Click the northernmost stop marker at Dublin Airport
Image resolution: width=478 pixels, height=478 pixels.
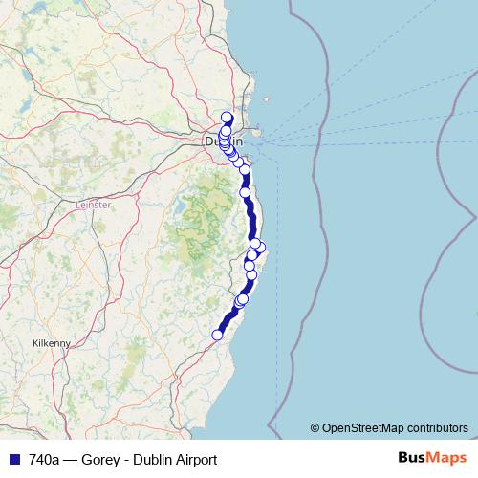pos(227,119)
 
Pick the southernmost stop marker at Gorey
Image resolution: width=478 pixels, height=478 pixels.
pos(218,335)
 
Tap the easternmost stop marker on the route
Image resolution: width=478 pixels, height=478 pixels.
pos(260,248)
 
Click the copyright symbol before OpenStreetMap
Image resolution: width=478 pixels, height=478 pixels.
pos(315,427)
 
